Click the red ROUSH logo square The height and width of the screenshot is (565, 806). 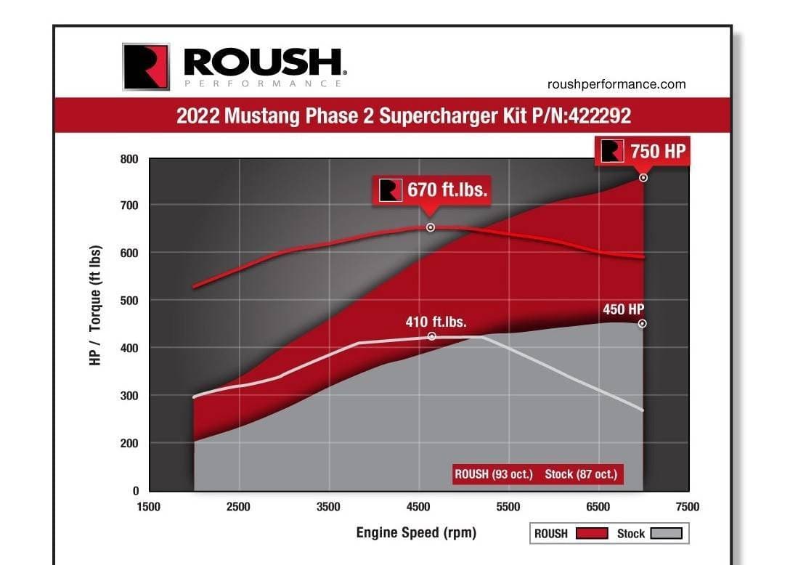click(x=146, y=67)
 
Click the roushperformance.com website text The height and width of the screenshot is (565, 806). click(x=616, y=84)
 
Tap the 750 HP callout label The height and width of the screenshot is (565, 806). click(x=642, y=151)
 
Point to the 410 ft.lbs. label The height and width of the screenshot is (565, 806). click(x=436, y=322)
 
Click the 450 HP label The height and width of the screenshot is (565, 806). click(x=623, y=309)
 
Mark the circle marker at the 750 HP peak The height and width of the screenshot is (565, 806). click(x=643, y=178)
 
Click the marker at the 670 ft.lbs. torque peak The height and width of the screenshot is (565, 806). click(x=431, y=227)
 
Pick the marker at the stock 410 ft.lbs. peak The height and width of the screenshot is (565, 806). click(x=432, y=336)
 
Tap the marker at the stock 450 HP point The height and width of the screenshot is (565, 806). click(x=643, y=324)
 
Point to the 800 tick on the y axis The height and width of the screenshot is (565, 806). click(x=129, y=159)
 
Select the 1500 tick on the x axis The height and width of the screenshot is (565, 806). click(x=149, y=507)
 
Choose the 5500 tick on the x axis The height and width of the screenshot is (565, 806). click(x=508, y=507)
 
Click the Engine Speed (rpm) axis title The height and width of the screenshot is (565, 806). click(x=416, y=532)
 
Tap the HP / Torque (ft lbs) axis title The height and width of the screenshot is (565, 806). click(x=96, y=305)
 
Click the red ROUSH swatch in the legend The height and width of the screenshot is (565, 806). click(x=591, y=534)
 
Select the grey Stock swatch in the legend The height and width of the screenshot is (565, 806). click(x=667, y=534)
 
